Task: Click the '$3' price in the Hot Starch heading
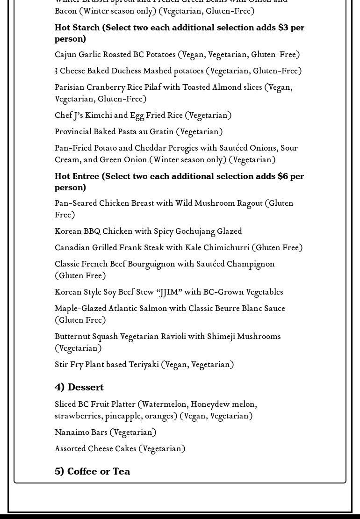click(283, 28)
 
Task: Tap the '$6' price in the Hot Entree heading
click(283, 176)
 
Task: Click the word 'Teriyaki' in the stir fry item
click(144, 365)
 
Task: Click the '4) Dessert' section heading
click(79, 387)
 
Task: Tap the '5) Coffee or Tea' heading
click(92, 471)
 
